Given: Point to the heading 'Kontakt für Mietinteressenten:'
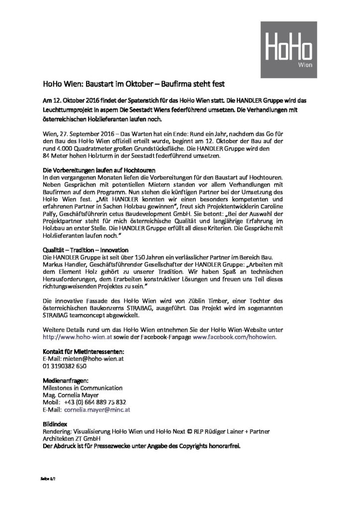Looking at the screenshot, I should (x=83, y=351).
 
